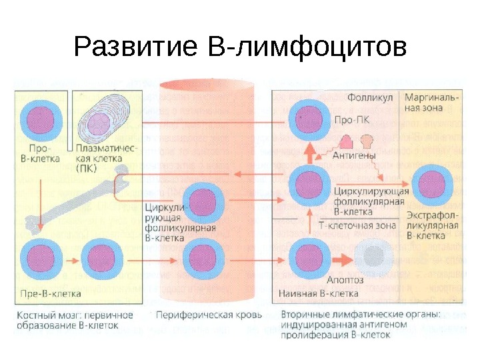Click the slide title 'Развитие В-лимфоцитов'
point(240,48)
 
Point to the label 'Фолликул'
point(365,97)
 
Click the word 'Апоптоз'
point(345,279)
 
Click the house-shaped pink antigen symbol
point(347,140)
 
